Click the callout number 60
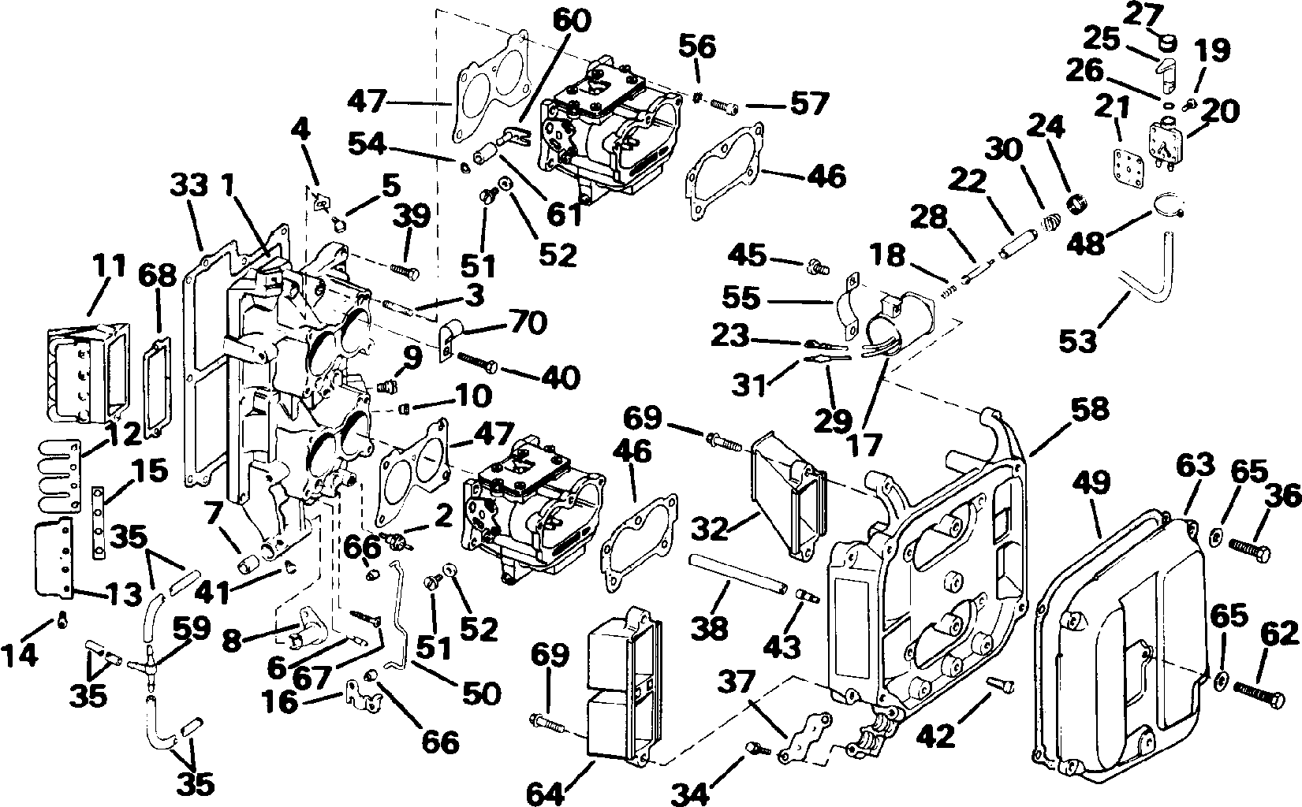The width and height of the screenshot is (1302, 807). tap(572, 21)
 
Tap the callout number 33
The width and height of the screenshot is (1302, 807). tap(189, 186)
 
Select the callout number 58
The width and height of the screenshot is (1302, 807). tap(1090, 409)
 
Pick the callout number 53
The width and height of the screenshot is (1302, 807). tap(1078, 341)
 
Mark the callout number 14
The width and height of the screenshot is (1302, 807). tap(19, 656)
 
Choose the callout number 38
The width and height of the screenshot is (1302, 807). tap(710, 628)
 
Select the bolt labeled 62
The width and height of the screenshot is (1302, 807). tap(1259, 695)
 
